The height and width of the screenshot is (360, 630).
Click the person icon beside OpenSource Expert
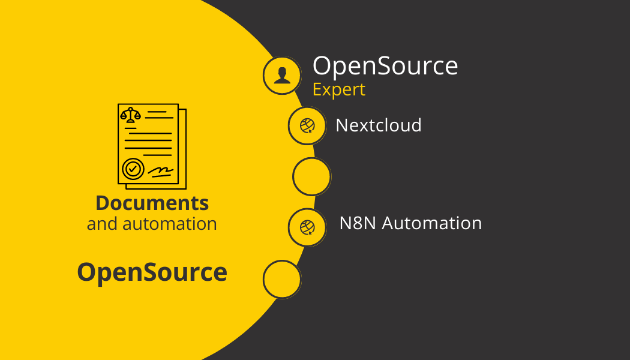pos(282,76)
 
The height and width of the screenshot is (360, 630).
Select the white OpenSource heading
pos(385,65)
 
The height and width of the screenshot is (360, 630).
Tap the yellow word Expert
pos(338,89)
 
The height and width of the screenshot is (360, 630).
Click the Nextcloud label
pos(379,125)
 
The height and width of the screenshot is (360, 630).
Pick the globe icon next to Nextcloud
pos(307,125)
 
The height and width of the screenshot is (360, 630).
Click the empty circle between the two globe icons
pos(311,176)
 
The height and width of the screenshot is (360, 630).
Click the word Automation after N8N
pos(432,223)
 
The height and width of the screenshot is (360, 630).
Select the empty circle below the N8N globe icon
pos(282,279)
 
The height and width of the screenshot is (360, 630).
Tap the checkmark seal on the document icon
pos(133,169)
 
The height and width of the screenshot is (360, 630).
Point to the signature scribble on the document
pos(161,171)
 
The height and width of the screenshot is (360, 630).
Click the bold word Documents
pos(152,203)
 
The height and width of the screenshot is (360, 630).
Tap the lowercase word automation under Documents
pos(169,224)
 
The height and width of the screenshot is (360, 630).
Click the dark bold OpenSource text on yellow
pos(152,272)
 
